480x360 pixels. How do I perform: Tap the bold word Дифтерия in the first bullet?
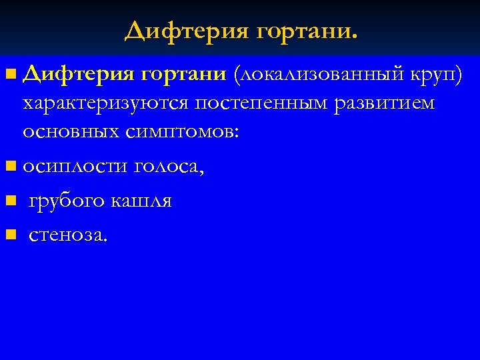point(78,74)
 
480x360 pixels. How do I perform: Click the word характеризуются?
point(107,105)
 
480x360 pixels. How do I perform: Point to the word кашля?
point(144,201)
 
